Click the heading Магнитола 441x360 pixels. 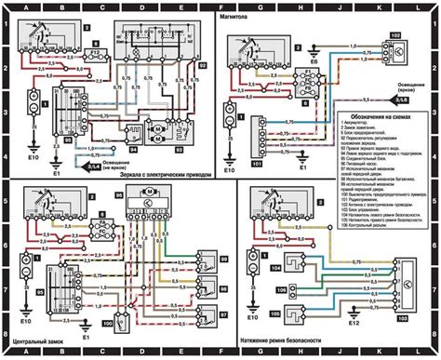click(x=244, y=17)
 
